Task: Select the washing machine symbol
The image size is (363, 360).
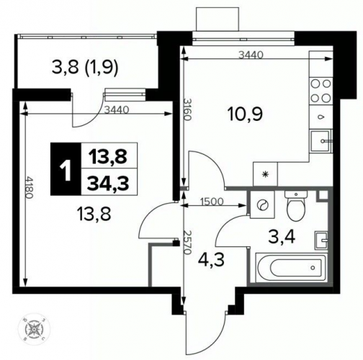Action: pos(262,204)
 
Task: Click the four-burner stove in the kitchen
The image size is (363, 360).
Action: pos(321,91)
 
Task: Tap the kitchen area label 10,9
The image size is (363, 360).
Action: pos(246,114)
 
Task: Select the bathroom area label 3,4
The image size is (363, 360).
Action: pos(282,238)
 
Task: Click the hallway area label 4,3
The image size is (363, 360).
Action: pos(211,260)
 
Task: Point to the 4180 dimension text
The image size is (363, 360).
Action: pos(29,187)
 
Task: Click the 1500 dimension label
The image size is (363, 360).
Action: pos(212,202)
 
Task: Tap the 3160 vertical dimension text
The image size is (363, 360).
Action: pos(187,109)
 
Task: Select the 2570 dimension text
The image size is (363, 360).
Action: pos(187,243)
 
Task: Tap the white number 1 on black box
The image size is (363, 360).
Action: pos(66,168)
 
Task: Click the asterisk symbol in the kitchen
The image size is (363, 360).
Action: pos(265,174)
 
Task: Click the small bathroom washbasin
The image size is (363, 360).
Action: pos(321,240)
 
